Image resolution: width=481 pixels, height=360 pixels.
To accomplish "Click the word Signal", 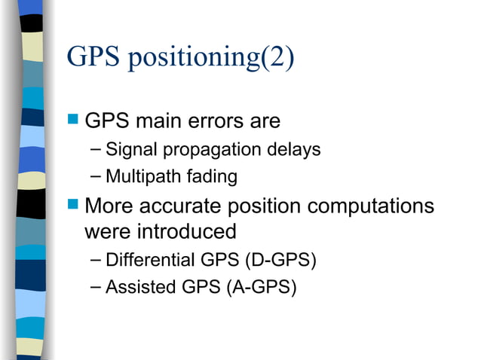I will coord(132,150).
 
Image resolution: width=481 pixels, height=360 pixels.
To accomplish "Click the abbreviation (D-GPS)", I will coord(280,261).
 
